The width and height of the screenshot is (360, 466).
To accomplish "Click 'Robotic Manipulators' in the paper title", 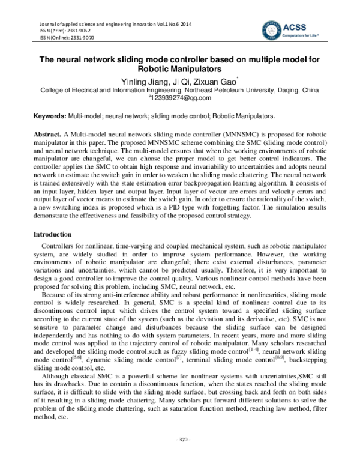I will (x=181, y=69).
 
